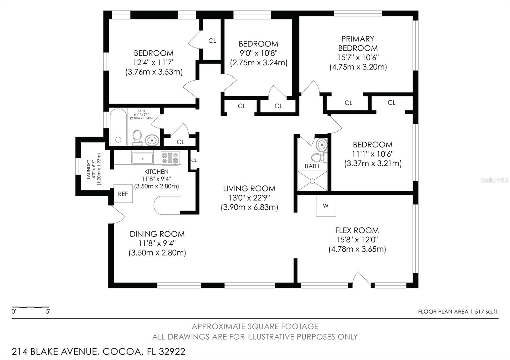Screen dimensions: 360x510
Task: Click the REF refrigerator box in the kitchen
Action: tap(123, 194)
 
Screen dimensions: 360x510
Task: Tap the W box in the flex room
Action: tap(326, 206)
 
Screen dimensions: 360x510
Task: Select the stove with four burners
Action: tap(170, 158)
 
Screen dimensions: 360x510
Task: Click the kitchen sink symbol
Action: tap(142, 158)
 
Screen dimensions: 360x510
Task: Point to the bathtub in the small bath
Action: tap(118, 127)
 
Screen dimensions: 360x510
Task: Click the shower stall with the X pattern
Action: tap(312, 181)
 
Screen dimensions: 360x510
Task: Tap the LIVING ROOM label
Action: tap(249, 188)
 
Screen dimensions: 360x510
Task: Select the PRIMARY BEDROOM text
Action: tap(358, 43)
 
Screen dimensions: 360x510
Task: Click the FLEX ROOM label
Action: tap(357, 230)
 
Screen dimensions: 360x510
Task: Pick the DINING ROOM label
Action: tap(157, 234)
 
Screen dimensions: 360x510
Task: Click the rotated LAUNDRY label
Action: tap(89, 169)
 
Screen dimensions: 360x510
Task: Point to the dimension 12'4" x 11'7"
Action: tap(154, 62)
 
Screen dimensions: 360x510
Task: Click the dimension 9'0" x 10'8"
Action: tap(259, 53)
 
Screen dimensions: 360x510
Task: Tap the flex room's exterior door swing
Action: tap(361, 279)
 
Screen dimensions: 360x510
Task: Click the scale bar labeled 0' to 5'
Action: tap(31, 308)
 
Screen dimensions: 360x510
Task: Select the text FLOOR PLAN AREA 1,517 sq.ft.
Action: tap(458, 312)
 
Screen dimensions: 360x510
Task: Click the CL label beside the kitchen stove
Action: tap(194, 160)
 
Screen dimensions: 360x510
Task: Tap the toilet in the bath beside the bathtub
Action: tap(137, 137)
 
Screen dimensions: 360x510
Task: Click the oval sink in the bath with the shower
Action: tap(322, 145)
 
